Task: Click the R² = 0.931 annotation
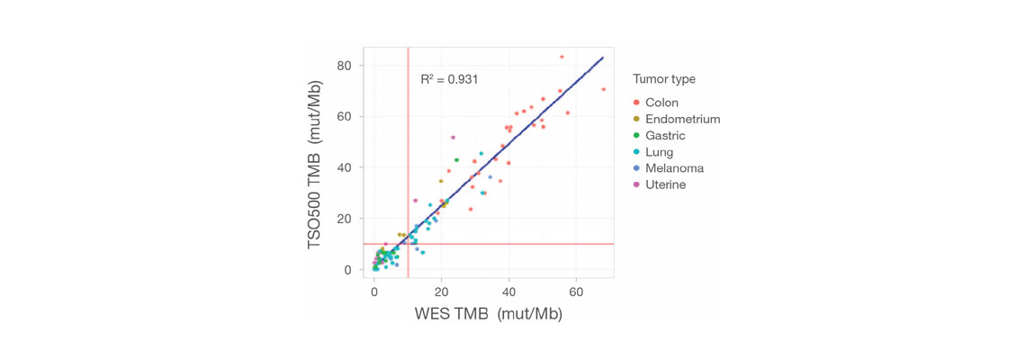[449, 79]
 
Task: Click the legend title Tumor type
[663, 79]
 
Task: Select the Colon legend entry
[661, 103]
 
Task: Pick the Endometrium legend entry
[682, 119]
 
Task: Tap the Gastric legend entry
[665, 136]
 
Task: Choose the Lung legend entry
[659, 152]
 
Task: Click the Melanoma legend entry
[674, 168]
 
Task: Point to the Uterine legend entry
[665, 184]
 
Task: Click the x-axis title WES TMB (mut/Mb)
[488, 314]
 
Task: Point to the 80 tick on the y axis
[345, 66]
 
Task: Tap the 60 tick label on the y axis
[345, 117]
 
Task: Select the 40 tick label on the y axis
[345, 167]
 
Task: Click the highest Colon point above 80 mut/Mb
[562, 57]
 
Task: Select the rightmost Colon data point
[603, 89]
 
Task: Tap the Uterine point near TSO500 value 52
[453, 138]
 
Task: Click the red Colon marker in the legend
[637, 103]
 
